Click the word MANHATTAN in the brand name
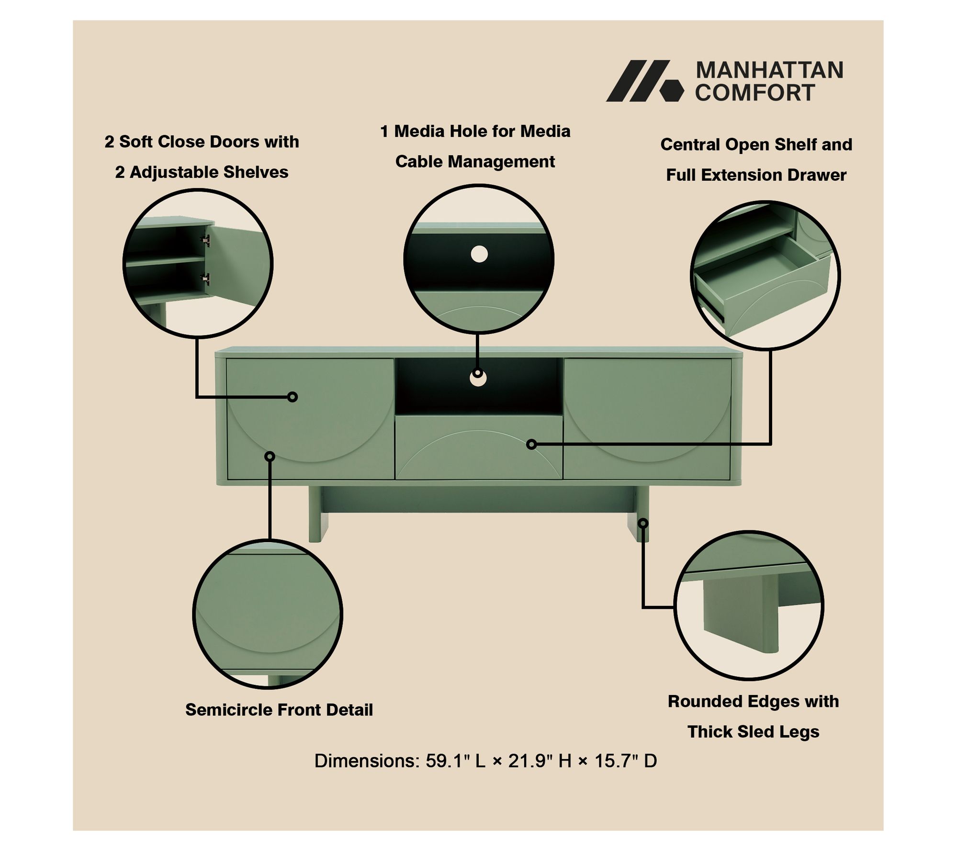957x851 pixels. click(769, 70)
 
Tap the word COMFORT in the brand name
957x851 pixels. click(755, 92)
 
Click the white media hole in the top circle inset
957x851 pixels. click(479, 254)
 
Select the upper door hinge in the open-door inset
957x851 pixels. click(207, 240)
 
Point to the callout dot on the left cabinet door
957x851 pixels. click(293, 397)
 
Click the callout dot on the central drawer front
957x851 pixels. click(531, 445)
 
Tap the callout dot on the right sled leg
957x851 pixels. click(643, 523)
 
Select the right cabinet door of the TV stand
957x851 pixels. click(647, 419)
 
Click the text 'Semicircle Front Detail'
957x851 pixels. click(279, 710)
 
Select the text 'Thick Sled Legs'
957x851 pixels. click(754, 732)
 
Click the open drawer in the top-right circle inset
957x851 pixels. click(761, 287)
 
